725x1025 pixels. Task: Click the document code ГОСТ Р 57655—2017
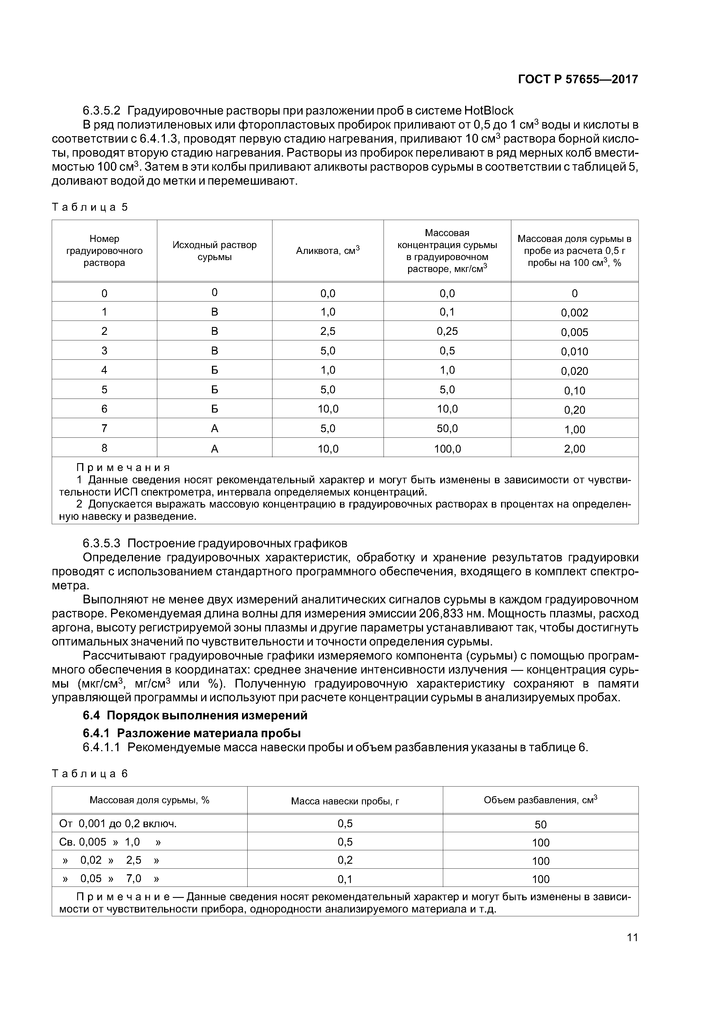point(578,79)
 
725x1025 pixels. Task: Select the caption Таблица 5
point(90,207)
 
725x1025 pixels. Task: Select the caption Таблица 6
point(90,774)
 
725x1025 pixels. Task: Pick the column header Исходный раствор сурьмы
point(214,250)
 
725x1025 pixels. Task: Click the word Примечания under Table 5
point(123,468)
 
